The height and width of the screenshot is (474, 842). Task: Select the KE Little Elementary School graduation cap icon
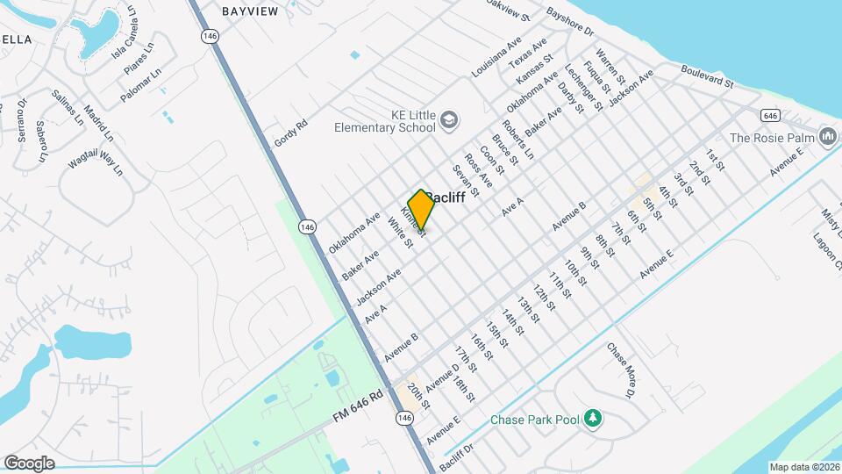coord(449,119)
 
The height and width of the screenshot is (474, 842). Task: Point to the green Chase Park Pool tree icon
coord(594,418)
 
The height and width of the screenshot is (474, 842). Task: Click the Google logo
coord(29,463)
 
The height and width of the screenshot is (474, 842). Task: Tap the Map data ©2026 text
coord(804,467)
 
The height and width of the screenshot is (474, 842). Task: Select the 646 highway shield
coord(771,115)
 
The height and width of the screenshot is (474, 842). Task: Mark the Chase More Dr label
coord(620,370)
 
